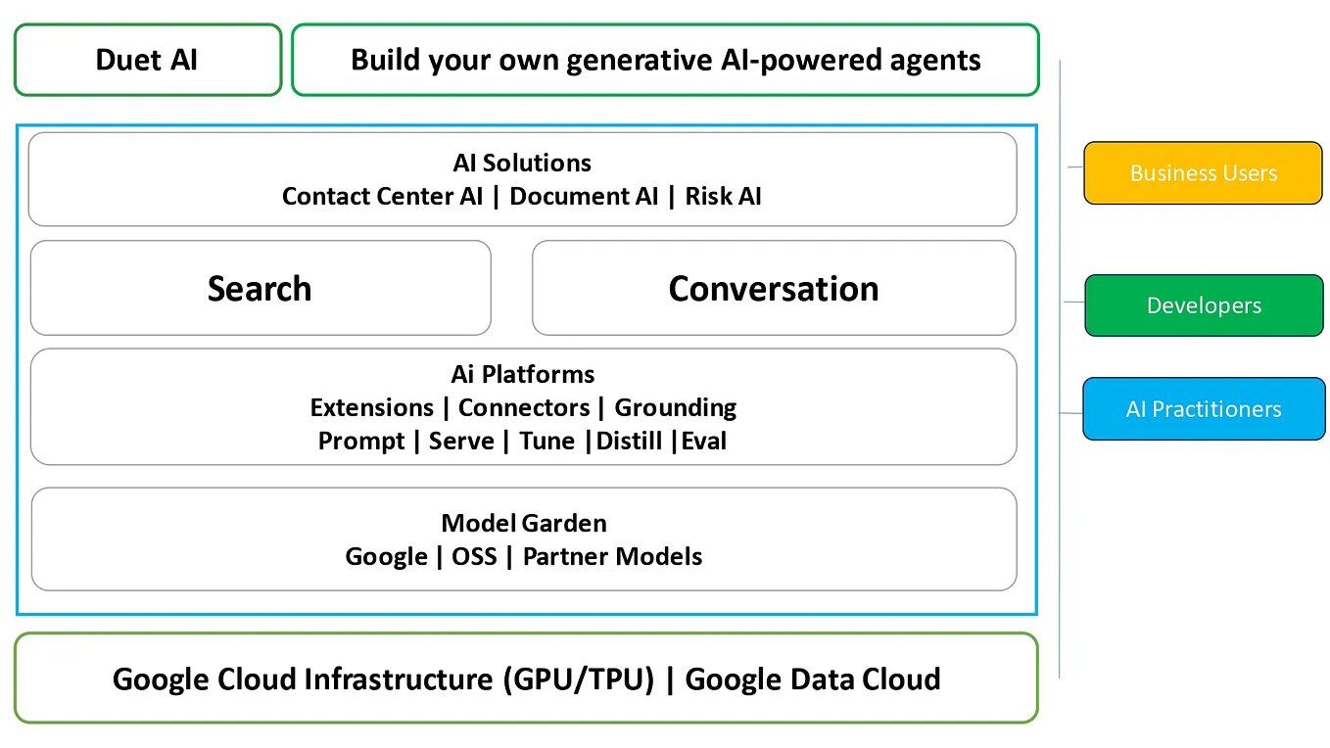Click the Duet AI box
coord(147,60)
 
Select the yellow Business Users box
coord(1203,173)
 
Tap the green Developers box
coord(1204,305)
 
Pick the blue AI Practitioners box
coord(1203,409)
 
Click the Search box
coord(260,289)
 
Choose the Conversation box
coord(773,289)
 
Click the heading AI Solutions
coord(522,163)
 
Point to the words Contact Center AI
coord(382,197)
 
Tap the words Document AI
coord(584,197)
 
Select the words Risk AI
coord(723,197)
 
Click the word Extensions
coord(371,407)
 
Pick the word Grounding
coord(675,407)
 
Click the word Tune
coord(546,442)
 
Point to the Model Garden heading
coord(523,523)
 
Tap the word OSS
coord(474,557)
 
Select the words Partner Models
coord(612,557)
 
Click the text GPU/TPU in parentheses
coord(578,679)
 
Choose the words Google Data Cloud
coord(812,679)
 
